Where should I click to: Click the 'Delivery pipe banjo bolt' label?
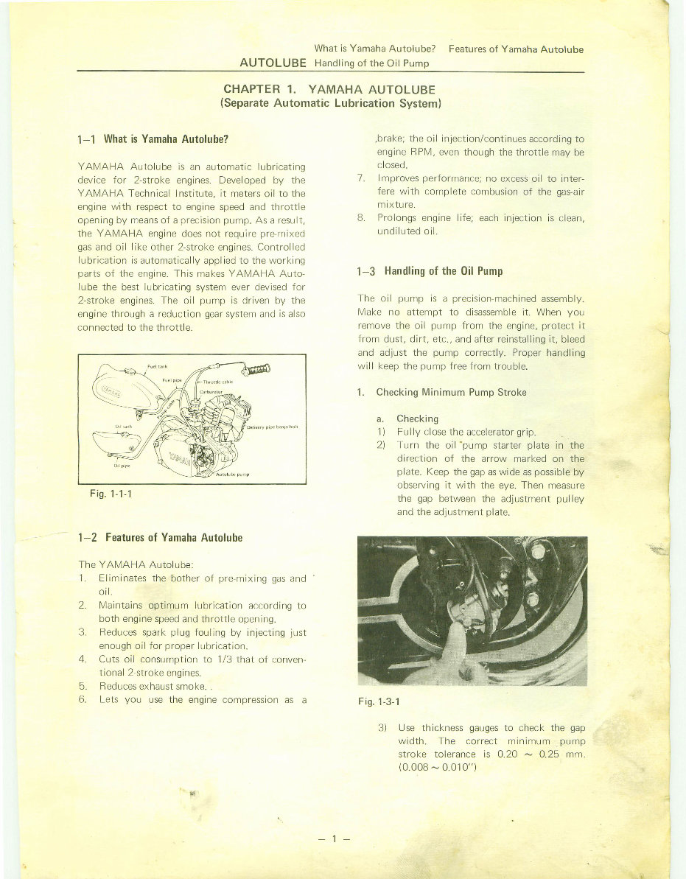point(273,426)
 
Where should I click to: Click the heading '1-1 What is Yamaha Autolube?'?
point(153,139)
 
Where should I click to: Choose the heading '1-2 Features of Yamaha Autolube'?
point(160,536)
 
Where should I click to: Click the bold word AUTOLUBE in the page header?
point(273,63)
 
